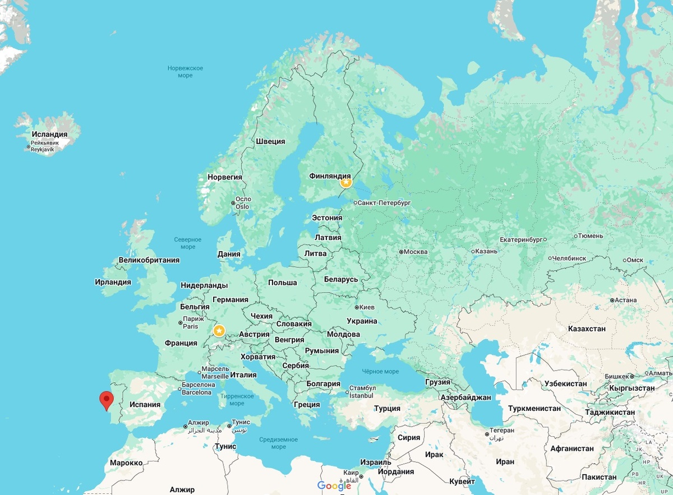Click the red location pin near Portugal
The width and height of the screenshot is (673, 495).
tap(106, 400)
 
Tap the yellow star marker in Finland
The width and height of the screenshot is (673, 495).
tap(346, 182)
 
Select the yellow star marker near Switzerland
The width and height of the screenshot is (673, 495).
tap(219, 330)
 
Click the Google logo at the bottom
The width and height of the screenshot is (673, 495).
tap(334, 485)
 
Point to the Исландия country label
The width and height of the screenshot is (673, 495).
tap(49, 135)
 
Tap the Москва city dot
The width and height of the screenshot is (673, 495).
tap(401, 252)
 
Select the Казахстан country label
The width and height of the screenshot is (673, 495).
tap(587, 329)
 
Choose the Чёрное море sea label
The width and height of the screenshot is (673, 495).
tap(380, 372)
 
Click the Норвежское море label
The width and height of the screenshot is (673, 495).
tap(185, 72)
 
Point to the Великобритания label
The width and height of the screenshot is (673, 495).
tap(149, 260)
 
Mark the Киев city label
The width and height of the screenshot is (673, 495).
tap(367, 307)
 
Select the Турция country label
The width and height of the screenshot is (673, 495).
tap(387, 409)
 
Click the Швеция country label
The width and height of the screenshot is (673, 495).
tap(270, 142)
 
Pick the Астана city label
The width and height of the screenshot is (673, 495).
tap(625, 300)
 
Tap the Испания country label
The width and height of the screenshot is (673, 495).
tap(145, 404)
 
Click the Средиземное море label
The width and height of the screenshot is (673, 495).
tap(278, 443)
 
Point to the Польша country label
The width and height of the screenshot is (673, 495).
tap(282, 283)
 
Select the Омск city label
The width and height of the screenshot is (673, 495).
tap(634, 260)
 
